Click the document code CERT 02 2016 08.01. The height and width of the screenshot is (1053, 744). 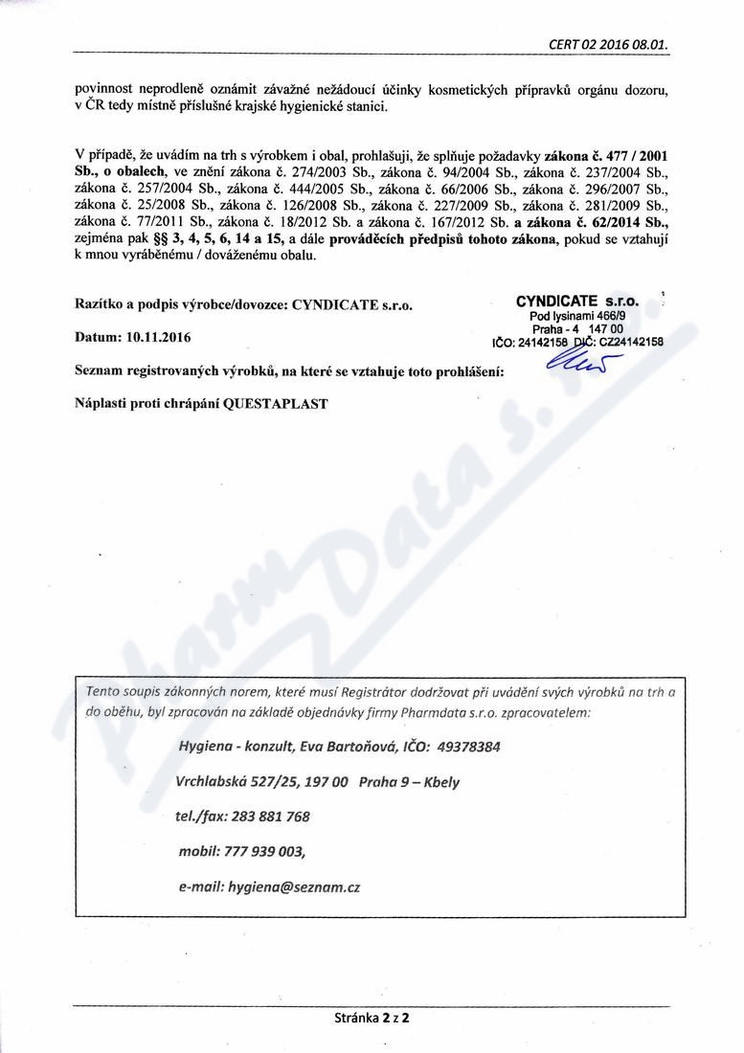coord(608,44)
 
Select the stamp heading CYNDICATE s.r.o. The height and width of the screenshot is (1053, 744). coord(583,301)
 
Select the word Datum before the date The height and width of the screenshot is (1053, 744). coord(95,338)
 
